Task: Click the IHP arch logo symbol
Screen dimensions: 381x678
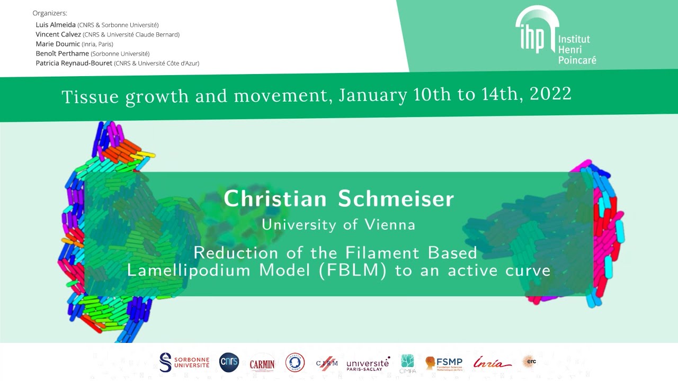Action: (537, 31)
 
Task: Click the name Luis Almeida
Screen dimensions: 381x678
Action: (56, 25)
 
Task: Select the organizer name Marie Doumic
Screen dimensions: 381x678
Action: (58, 44)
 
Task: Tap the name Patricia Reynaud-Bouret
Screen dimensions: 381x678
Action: (74, 63)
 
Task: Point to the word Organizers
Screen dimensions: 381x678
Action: (50, 13)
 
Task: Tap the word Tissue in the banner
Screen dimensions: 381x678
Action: (91, 97)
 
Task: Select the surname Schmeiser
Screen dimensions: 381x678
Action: (396, 199)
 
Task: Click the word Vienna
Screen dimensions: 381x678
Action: (390, 224)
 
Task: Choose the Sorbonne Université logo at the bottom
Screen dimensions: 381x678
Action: (184, 362)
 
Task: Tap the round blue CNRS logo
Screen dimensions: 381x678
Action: (229, 362)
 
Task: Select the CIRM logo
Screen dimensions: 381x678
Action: (327, 363)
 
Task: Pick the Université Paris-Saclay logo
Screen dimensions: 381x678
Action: (368, 364)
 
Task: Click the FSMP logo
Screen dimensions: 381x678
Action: (444, 363)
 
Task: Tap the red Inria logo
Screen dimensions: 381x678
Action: (492, 363)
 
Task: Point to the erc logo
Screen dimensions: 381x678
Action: (529, 362)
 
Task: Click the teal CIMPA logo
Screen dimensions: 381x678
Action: (408, 364)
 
